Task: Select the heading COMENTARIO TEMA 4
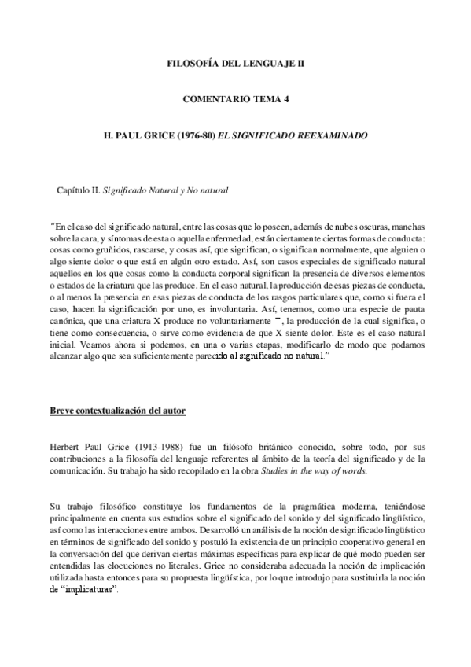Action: pyautogui.click(x=235, y=98)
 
